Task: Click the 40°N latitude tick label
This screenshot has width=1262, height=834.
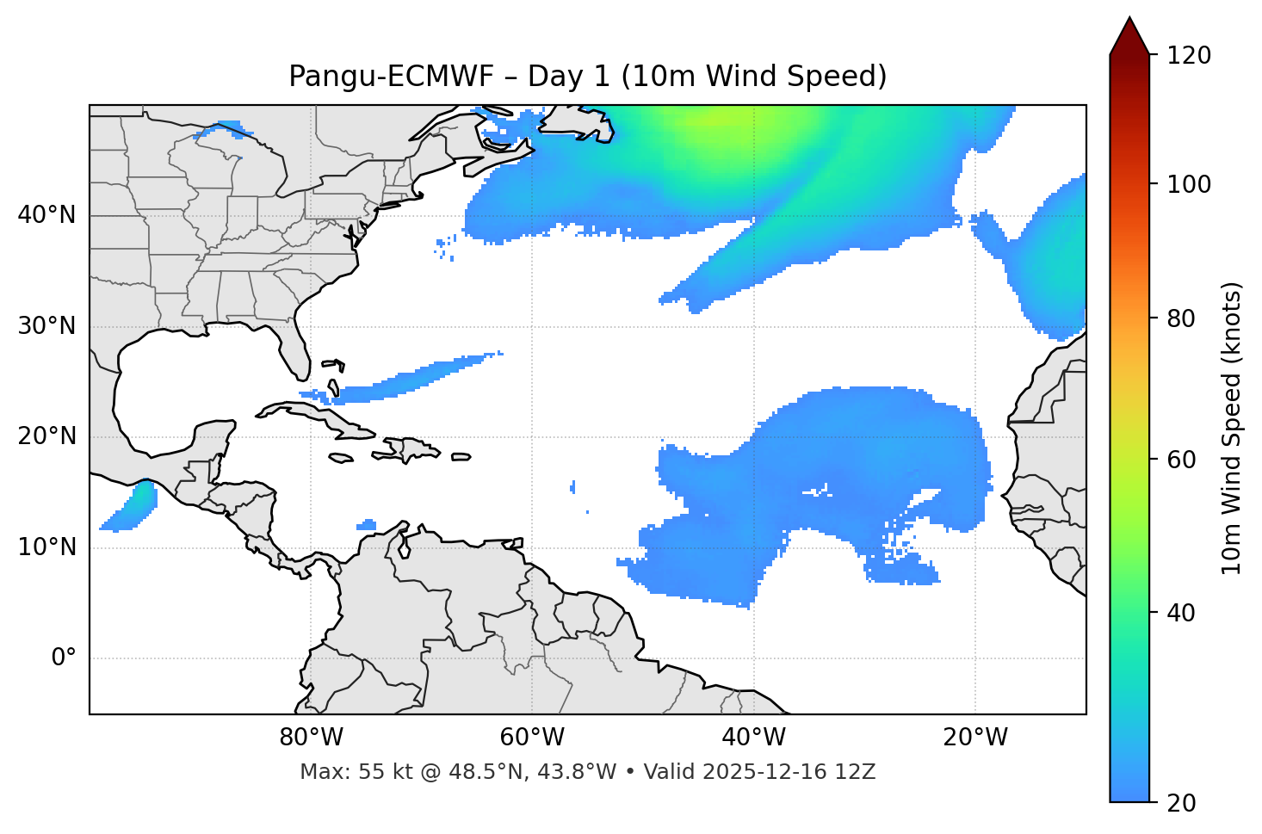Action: coord(46,215)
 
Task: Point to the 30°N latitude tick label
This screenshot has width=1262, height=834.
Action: coord(46,326)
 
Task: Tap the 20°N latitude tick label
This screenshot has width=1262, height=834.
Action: coord(46,436)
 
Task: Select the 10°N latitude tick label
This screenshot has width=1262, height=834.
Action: coord(46,547)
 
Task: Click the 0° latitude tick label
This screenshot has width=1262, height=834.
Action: coord(64,658)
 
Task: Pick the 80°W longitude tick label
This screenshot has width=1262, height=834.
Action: coord(311,738)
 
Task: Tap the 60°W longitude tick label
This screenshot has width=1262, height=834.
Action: coord(532,738)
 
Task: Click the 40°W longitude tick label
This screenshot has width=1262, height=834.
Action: coord(753,738)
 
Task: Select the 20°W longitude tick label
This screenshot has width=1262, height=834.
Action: coord(975,738)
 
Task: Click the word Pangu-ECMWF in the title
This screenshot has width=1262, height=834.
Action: coord(391,77)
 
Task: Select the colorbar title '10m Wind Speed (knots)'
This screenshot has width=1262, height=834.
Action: coord(1232,428)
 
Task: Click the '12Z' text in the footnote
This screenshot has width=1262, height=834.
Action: coord(857,772)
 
